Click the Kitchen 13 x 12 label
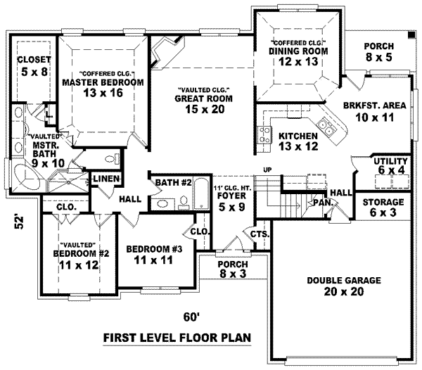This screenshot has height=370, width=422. [x=298, y=141]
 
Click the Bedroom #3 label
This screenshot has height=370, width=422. [x=154, y=254]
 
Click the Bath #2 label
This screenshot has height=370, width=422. [x=173, y=184]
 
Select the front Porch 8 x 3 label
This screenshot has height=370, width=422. [x=232, y=269]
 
